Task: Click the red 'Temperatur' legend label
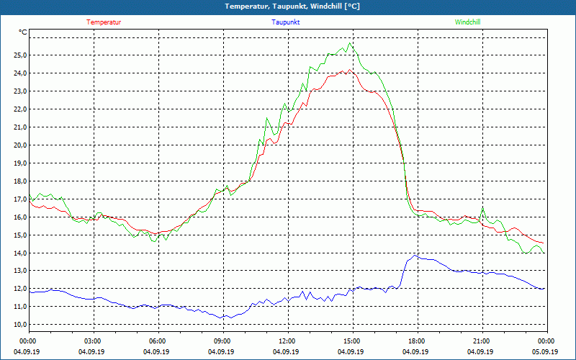pyautogui.click(x=104, y=22)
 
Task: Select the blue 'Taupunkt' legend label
pyautogui.click(x=286, y=22)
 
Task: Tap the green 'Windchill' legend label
pyautogui.click(x=467, y=22)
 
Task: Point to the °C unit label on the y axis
pyautogui.click(x=23, y=32)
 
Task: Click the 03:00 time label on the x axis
pyautogui.click(x=93, y=341)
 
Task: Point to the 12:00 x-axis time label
pyautogui.click(x=287, y=341)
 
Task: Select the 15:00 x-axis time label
pyautogui.click(x=351, y=341)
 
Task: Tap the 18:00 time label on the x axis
pyautogui.click(x=416, y=341)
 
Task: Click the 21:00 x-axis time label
pyautogui.click(x=481, y=341)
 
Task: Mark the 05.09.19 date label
pyautogui.click(x=545, y=351)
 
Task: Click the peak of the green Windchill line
pyautogui.click(x=350, y=43)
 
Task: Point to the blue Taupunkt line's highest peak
pyautogui.click(x=415, y=255)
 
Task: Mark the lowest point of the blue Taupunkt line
pyautogui.click(x=224, y=318)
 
